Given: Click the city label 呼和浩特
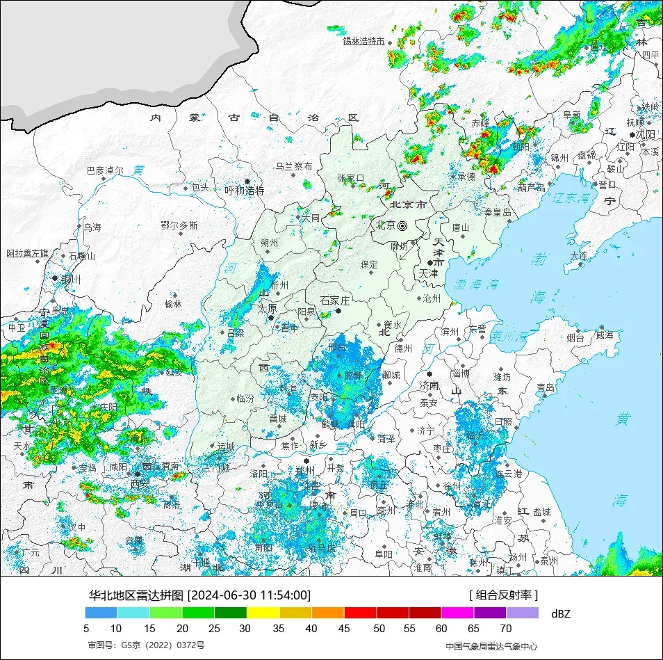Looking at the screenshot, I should click(x=245, y=190).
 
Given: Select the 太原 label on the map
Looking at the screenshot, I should click(x=268, y=308).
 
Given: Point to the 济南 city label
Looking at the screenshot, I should click(x=429, y=385).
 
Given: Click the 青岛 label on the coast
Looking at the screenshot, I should click(x=546, y=387).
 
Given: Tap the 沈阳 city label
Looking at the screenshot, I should click(x=646, y=134).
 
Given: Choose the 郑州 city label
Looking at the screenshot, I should click(x=305, y=471).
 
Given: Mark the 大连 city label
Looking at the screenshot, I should click(x=579, y=256).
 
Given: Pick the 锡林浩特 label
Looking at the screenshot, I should click(x=363, y=41).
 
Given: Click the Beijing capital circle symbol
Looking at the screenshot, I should click(x=402, y=225).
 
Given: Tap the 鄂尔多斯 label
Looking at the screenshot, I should click(x=179, y=225).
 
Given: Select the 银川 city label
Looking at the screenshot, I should click(x=71, y=280).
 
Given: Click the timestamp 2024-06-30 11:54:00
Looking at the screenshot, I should click(x=249, y=595).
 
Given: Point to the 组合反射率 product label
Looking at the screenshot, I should click(x=504, y=595).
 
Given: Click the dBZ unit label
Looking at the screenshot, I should click(x=560, y=613).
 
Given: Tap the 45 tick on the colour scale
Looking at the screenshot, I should click(x=345, y=629).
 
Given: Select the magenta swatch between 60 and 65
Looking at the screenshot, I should click(x=457, y=613).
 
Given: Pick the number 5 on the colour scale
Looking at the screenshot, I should click(x=86, y=629).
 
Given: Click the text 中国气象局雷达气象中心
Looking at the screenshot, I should click(x=491, y=646).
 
